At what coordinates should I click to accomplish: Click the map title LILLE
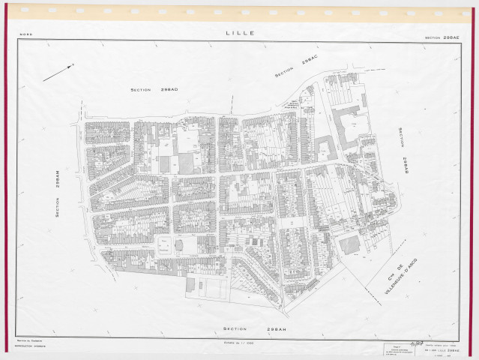[x=239, y=33]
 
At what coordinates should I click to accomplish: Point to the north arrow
[x=57, y=73]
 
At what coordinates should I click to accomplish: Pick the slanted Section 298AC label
[x=295, y=67]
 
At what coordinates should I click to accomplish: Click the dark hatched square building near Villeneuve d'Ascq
[x=349, y=244]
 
